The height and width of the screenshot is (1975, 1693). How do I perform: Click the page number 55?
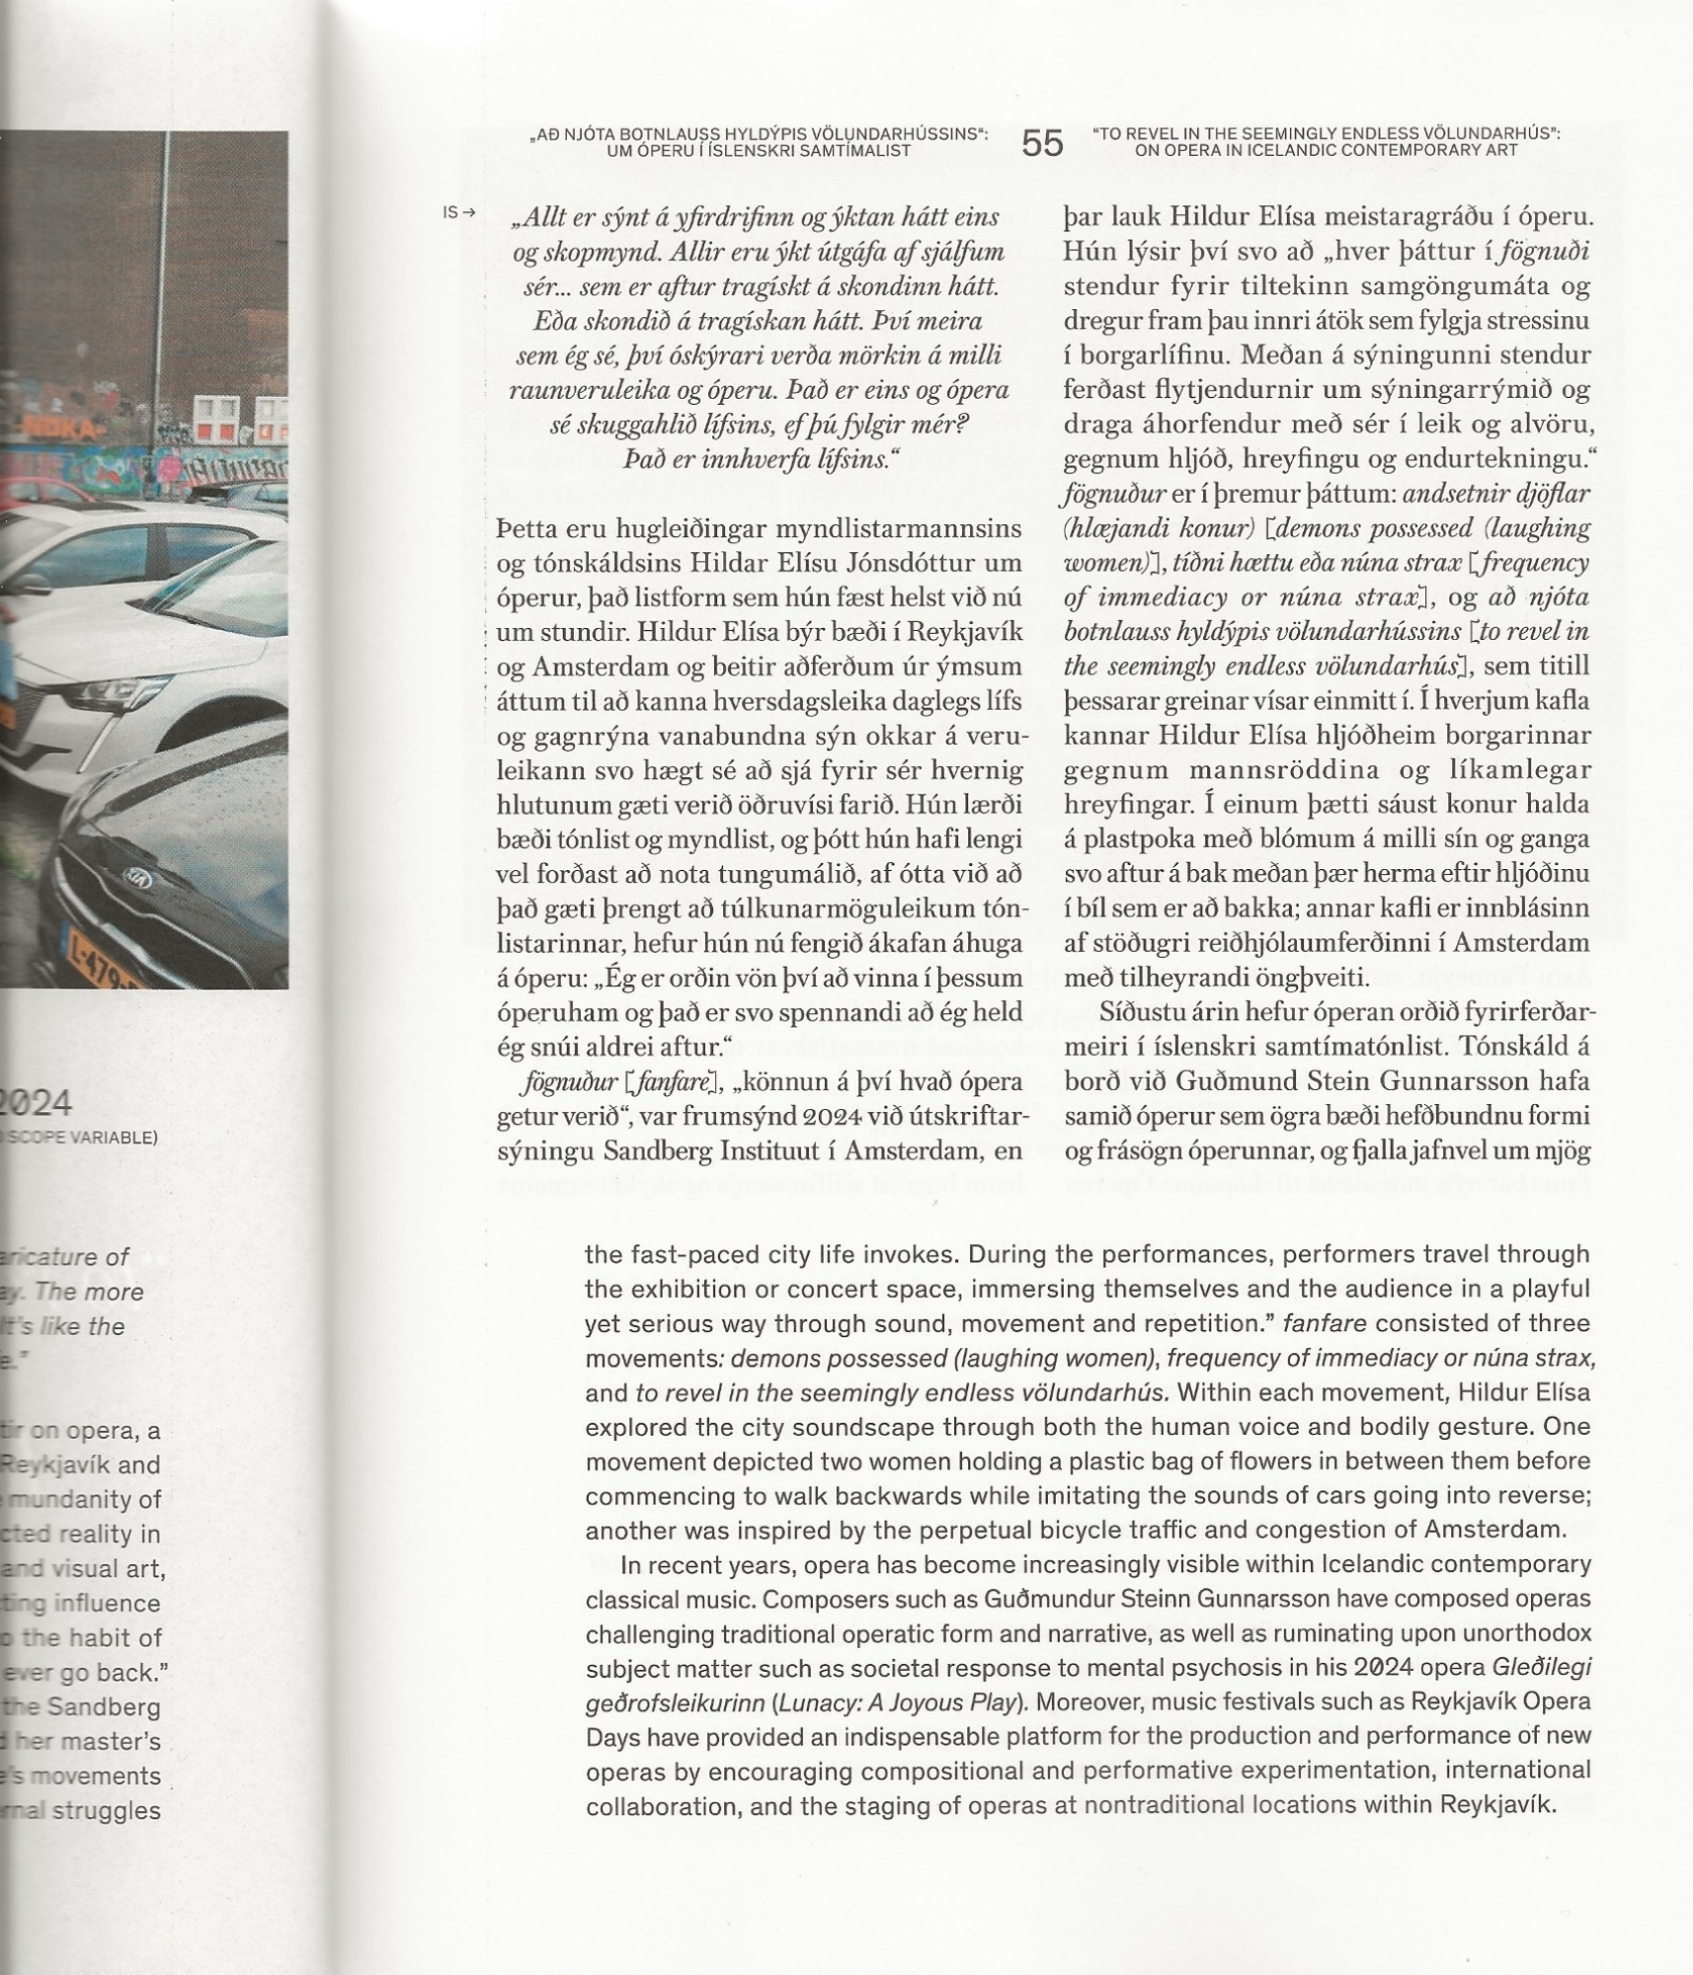tap(1042, 144)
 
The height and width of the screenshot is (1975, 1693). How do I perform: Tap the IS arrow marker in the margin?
tap(459, 211)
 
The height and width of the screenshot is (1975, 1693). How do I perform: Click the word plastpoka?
tap(1127, 838)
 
